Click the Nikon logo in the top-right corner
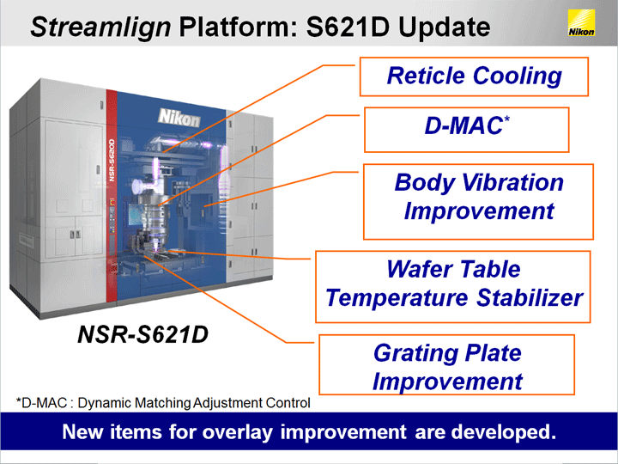tap(581, 23)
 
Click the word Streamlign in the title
tap(100, 27)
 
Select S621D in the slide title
tap(348, 27)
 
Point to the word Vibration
tap(512, 183)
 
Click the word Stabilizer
tap(530, 297)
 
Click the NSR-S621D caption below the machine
tap(142, 334)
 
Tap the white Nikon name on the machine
tap(179, 117)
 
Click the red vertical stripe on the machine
tap(112, 196)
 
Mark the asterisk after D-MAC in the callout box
tap(506, 119)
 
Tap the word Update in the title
tap(445, 27)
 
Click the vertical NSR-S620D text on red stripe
tap(112, 160)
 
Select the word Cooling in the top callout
tap(517, 76)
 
